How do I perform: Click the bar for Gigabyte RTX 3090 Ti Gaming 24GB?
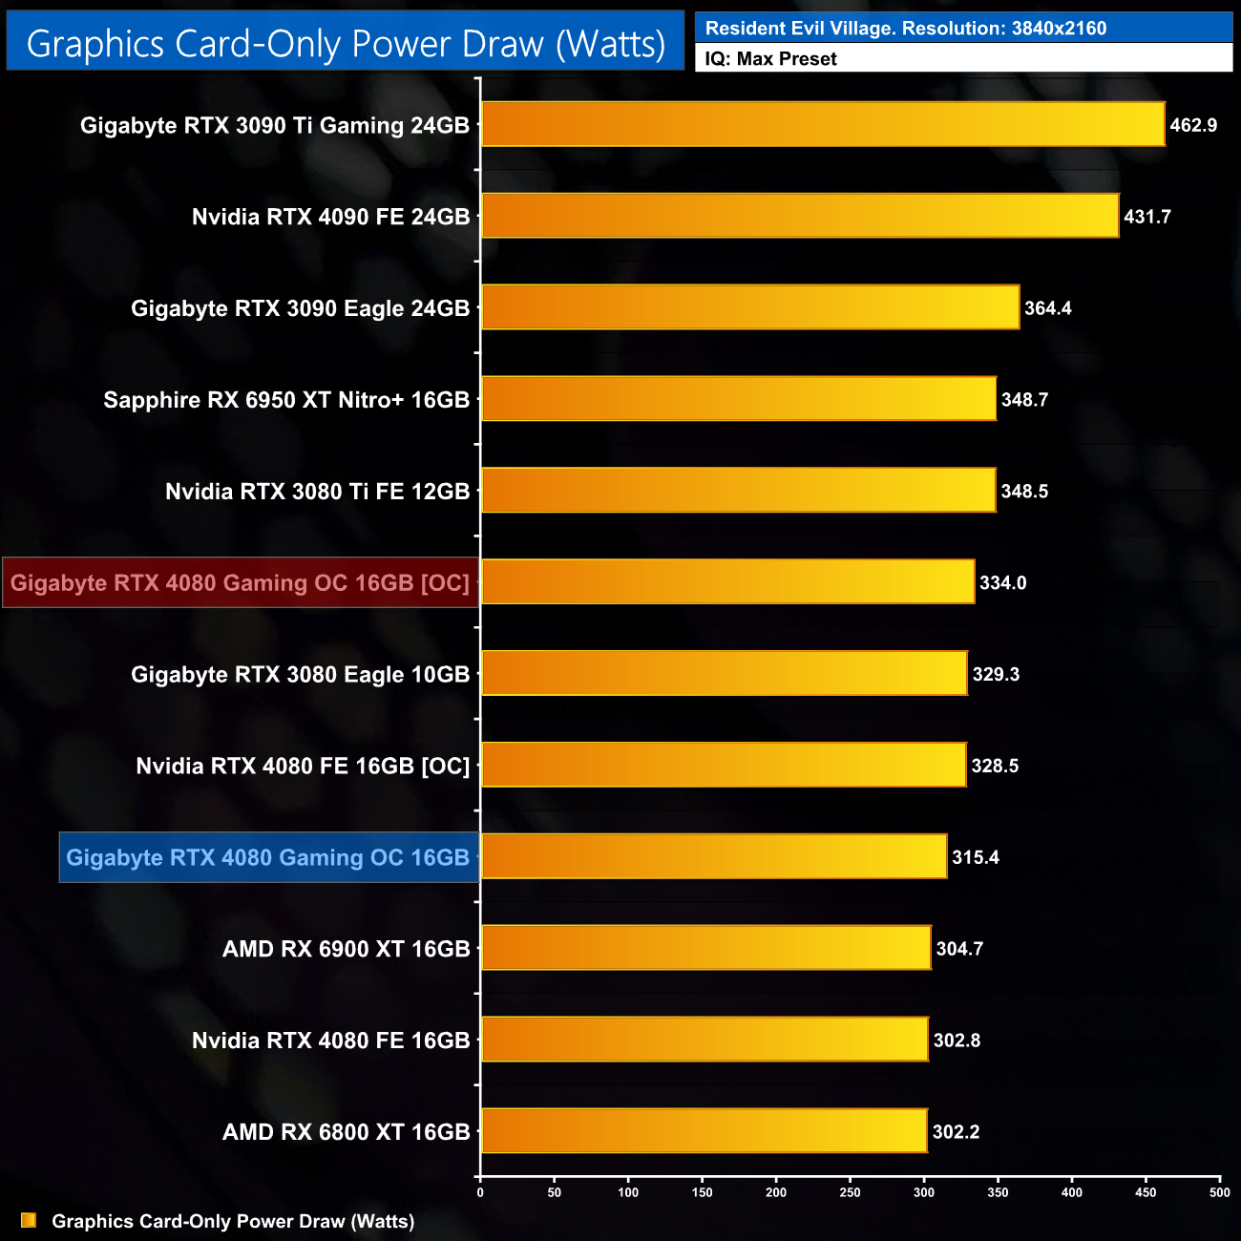823,124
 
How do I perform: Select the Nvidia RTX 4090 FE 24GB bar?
800,216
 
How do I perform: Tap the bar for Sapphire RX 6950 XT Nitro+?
739,399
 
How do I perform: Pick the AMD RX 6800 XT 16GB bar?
704,1130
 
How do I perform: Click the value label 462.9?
1193,125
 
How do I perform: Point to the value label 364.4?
1048,308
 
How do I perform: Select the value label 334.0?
1003,583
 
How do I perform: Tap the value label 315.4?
976,857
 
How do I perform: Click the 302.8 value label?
957,1041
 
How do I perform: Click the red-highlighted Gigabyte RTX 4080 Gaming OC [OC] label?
241,583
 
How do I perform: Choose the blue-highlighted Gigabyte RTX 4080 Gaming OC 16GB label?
268,857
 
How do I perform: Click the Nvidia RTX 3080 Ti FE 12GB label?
317,492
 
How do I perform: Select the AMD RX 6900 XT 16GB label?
346,949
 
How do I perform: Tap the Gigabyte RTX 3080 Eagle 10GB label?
300,675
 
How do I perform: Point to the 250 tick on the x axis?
850,1192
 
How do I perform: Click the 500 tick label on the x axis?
1219,1192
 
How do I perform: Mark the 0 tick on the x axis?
480,1192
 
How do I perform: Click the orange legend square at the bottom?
29,1221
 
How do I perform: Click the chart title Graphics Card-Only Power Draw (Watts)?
346,44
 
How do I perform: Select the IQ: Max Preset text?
771,59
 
